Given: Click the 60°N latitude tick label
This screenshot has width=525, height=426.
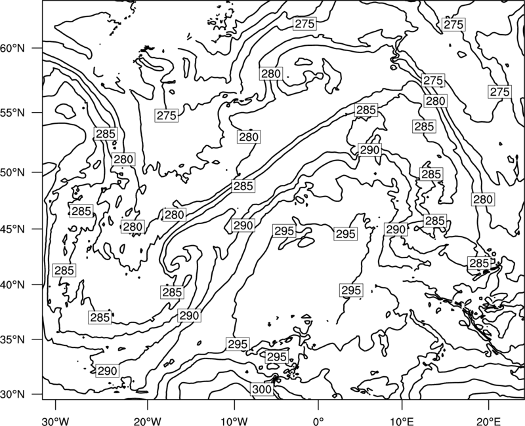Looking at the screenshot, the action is (12, 48).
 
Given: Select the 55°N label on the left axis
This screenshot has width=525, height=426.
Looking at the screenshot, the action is (12, 112).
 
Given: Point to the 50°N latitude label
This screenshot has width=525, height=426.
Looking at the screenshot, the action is (12, 172).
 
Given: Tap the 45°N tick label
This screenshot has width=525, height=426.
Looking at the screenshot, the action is (12, 229).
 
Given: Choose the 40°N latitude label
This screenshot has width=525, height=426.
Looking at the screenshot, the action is (12, 284).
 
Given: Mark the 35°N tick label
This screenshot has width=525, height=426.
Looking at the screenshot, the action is (12, 339).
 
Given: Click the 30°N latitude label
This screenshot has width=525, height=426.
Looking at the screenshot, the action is (12, 395).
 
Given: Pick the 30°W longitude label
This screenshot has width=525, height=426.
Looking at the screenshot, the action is (56, 421).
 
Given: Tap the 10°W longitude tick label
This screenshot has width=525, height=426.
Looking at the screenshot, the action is (234, 421).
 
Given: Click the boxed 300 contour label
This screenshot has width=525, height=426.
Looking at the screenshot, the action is (262, 389).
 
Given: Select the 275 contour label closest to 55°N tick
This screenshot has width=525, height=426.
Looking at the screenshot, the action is (167, 115).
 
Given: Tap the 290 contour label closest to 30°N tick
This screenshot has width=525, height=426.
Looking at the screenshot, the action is (107, 370).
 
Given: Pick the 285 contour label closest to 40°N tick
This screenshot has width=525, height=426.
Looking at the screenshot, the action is (64, 270).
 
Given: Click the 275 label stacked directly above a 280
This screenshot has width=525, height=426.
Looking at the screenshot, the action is (433, 80).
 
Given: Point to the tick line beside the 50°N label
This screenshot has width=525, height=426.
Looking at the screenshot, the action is (37, 172).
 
